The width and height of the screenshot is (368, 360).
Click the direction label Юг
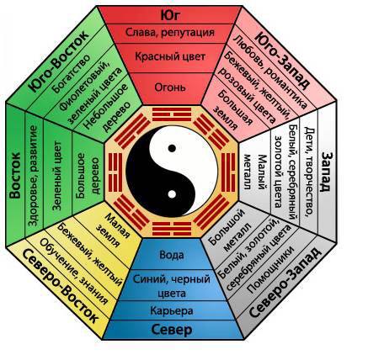[170, 15]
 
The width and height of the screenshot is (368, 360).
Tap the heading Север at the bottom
[172, 330]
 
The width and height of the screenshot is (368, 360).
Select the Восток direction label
[15, 175]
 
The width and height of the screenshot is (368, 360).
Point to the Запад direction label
[326, 172]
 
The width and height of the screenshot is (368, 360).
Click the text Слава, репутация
[170, 33]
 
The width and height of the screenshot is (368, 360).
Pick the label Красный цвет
[170, 57]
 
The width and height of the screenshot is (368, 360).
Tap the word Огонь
[170, 87]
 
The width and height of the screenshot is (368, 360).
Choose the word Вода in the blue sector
[172, 255]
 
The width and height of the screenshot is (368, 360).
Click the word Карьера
[172, 310]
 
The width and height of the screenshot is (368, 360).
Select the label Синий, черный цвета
[172, 286]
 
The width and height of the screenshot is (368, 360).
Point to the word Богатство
[72, 73]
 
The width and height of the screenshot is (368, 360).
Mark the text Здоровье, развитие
[33, 176]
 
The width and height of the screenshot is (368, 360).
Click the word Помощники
[271, 270]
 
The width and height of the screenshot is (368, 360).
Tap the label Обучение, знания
[74, 272]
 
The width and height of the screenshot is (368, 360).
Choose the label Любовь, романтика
[270, 71]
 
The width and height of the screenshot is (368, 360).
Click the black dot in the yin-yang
[172, 148]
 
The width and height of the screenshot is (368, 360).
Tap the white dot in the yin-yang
[172, 194]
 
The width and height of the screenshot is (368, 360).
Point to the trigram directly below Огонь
[172, 114]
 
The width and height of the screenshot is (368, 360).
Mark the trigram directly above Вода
[172, 229]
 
